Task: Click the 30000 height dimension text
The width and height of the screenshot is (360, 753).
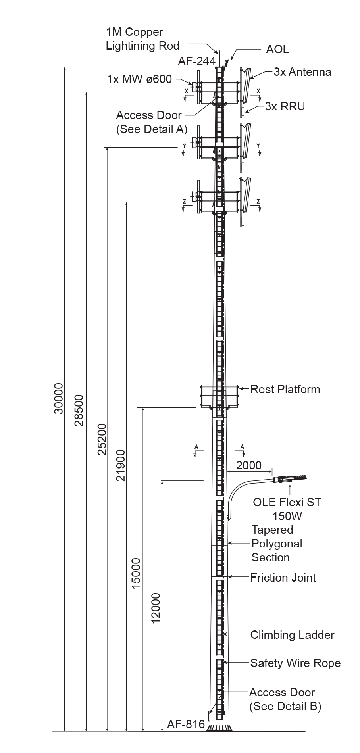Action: [x=59, y=398]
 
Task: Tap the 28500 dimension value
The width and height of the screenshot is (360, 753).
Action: [x=79, y=410]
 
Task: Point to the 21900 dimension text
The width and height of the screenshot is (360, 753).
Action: [x=121, y=465]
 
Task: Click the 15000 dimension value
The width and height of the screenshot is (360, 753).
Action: [x=136, y=573]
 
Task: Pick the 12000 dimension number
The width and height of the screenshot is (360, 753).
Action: [x=156, y=608]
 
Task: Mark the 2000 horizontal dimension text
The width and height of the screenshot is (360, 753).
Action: [x=249, y=465]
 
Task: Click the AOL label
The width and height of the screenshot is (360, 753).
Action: [x=277, y=49]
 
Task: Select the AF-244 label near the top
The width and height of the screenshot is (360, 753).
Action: [x=197, y=61]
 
